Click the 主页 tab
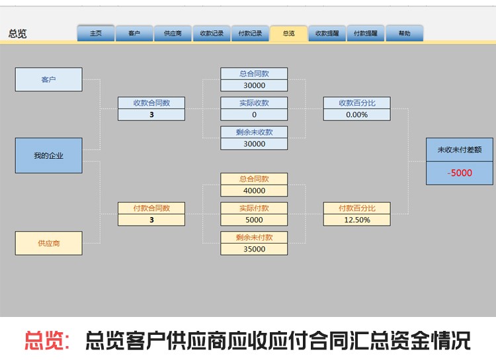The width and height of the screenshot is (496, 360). (x=96, y=33)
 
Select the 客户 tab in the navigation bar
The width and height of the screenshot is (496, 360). (x=134, y=33)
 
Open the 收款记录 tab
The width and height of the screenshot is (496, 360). (x=212, y=33)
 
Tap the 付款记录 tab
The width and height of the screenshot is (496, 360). (x=250, y=33)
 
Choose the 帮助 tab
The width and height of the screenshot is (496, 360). (x=404, y=33)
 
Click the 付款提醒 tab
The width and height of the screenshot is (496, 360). (x=366, y=33)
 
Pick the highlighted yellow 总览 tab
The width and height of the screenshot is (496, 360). (x=288, y=33)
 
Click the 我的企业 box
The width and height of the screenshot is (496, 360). (x=49, y=156)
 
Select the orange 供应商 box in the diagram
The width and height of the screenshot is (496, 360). (x=49, y=243)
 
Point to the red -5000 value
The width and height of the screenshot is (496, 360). (x=460, y=173)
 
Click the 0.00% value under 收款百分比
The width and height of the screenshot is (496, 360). (x=357, y=114)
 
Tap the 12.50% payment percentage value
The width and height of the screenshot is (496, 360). (x=357, y=220)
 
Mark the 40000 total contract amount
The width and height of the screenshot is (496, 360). (x=255, y=191)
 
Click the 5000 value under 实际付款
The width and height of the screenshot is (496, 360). (x=255, y=220)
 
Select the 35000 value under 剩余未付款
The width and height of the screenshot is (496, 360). (x=255, y=249)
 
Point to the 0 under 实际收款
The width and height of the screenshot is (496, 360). (x=255, y=114)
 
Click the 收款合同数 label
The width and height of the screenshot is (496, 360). (x=151, y=103)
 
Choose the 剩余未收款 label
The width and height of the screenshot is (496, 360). (x=255, y=132)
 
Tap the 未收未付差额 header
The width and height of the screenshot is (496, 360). (x=460, y=150)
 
